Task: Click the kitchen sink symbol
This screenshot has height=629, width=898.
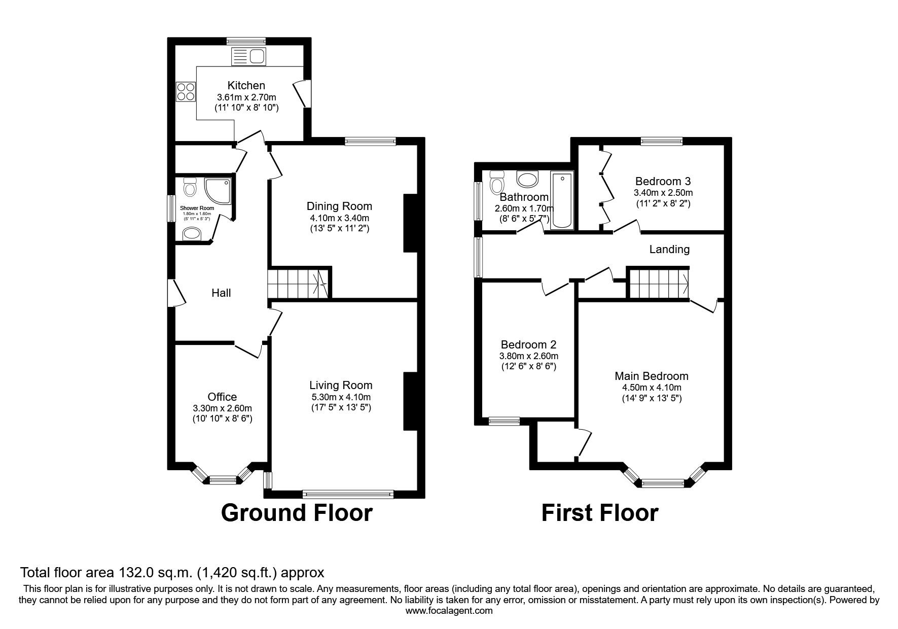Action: (248, 56)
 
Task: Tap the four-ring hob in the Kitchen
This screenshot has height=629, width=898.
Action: (185, 92)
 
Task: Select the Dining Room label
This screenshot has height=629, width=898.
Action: (339, 206)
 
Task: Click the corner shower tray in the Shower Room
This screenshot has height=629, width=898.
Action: (218, 190)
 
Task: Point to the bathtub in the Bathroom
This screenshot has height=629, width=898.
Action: (562, 200)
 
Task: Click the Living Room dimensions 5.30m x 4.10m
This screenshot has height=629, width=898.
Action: (341, 397)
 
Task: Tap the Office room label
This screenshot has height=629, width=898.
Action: (222, 397)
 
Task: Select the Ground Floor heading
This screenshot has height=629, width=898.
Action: (297, 512)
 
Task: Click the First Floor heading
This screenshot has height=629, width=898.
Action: (599, 512)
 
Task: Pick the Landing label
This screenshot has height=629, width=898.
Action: (669, 249)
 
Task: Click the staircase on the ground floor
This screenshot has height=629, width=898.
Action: (298, 283)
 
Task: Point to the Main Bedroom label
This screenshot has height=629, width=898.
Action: (651, 376)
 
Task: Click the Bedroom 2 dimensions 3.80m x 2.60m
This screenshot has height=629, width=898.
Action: (528, 356)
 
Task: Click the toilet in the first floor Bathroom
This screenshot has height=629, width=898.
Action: (496, 183)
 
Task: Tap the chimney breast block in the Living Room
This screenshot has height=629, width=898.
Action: (410, 402)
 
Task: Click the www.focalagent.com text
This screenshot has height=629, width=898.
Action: (449, 611)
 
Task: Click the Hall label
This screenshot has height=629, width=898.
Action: (221, 293)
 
